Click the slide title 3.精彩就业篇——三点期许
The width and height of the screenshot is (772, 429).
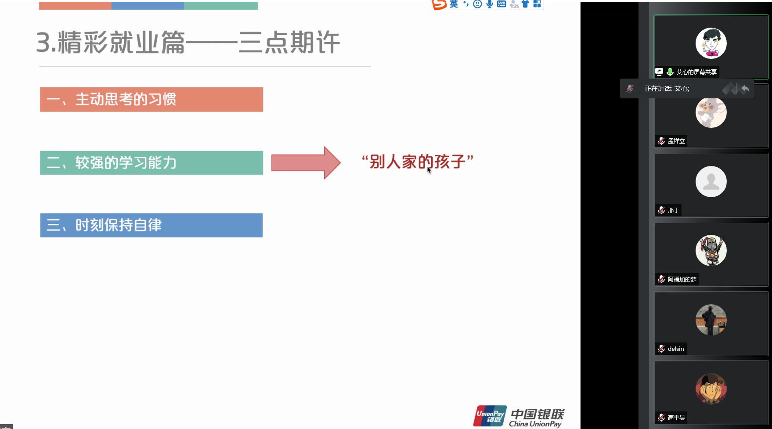188,43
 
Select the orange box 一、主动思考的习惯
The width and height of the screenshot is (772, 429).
152,99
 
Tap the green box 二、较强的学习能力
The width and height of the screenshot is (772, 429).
152,163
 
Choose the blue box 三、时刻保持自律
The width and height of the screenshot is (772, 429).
152,225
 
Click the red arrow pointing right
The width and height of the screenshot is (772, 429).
306,162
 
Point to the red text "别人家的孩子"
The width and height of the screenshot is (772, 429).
417,162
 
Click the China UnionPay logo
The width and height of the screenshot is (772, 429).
519,416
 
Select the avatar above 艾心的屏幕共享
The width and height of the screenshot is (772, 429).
711,43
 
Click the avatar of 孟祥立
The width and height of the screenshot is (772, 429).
711,112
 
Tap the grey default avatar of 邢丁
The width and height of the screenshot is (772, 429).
711,181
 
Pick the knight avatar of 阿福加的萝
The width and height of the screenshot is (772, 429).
711,251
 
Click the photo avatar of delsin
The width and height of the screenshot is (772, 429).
711,320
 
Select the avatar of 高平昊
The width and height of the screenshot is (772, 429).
711,389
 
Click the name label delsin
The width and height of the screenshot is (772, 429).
676,349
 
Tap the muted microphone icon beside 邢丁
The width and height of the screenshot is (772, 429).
661,210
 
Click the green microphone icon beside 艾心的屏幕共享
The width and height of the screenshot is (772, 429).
670,72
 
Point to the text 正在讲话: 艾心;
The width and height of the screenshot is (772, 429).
667,89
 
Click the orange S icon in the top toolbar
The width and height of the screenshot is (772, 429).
439,4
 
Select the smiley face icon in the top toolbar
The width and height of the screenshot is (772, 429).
477,4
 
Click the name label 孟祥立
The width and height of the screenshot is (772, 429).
676,141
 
